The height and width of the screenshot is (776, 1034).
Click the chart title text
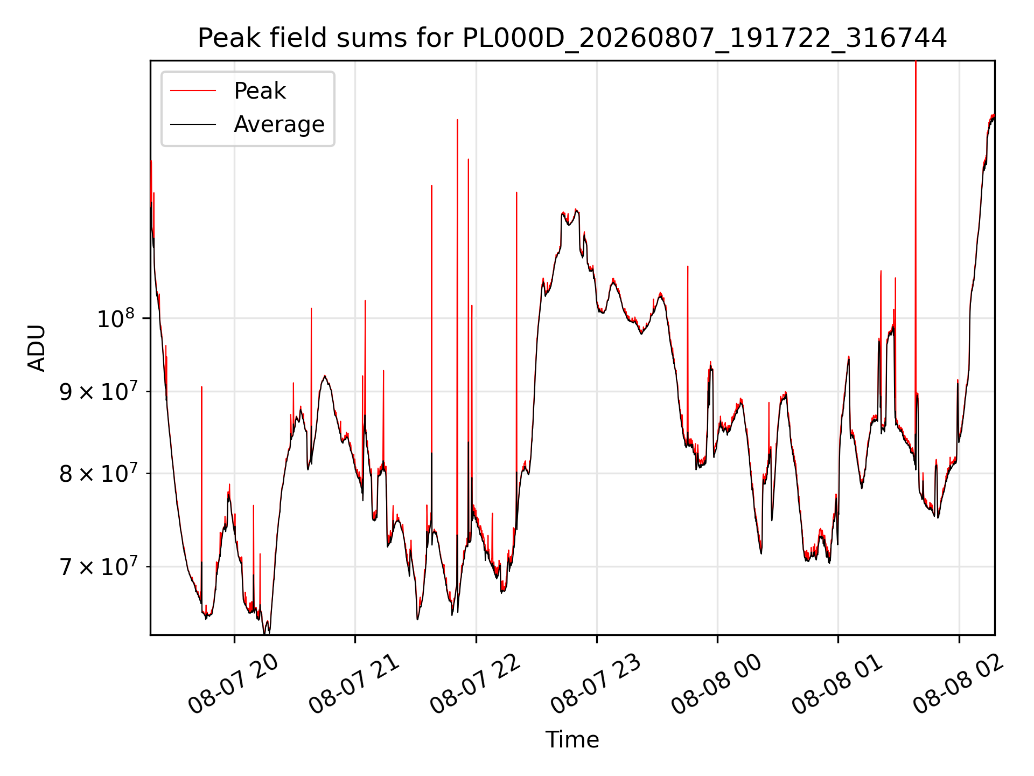[572, 38]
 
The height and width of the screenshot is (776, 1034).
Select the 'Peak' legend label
[260, 91]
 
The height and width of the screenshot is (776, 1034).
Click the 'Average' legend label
[279, 124]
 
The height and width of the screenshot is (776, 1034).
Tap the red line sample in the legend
[193, 91]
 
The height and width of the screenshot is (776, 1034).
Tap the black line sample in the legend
[193, 124]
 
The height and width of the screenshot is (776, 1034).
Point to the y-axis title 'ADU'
[37, 348]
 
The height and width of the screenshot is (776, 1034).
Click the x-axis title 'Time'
[572, 739]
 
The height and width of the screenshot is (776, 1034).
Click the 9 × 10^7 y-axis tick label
[99, 391]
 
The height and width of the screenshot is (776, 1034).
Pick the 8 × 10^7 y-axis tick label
[99, 474]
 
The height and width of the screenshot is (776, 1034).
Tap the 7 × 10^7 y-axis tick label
[99, 566]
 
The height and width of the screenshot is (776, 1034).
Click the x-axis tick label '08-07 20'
[233, 684]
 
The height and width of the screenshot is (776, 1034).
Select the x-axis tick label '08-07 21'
[354, 684]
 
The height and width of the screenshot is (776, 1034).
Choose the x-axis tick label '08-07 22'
[475, 684]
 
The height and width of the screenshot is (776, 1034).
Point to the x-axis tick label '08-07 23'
[596, 684]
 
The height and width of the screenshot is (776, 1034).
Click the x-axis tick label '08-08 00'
[716, 684]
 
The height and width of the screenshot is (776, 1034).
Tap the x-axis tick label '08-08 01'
[837, 684]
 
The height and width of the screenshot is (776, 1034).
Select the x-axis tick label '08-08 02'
[958, 684]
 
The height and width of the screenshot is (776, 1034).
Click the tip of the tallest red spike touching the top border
[916, 61]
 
